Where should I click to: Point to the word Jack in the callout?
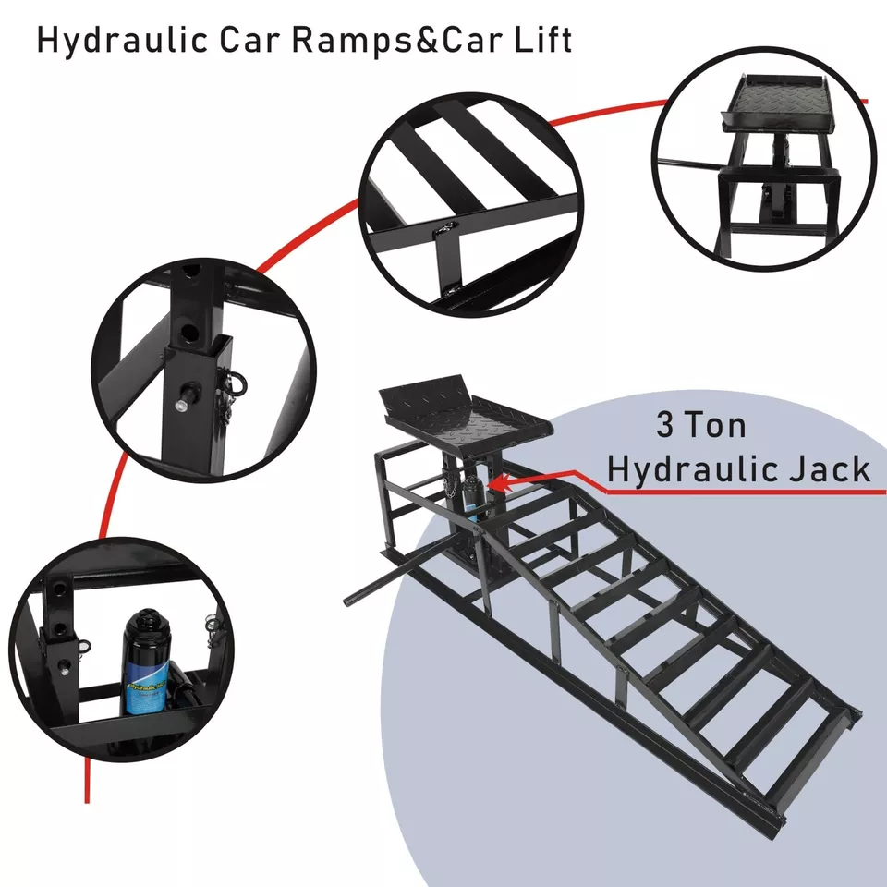coord(822,468)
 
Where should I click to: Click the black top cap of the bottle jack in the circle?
coord(147,617)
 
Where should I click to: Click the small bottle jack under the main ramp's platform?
coord(472,504)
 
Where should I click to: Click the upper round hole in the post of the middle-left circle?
coord(190,274)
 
